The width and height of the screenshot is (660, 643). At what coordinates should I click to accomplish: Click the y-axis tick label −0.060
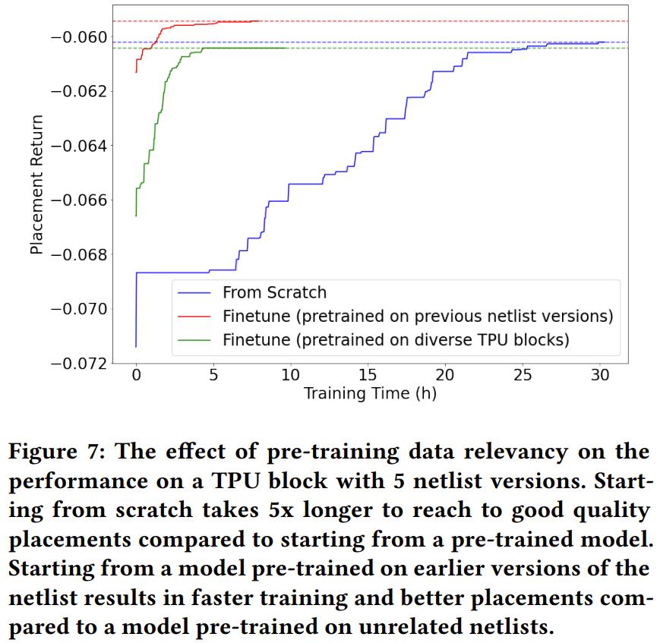pos(79,37)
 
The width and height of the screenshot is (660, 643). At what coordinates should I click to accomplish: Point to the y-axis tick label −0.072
pos(79,363)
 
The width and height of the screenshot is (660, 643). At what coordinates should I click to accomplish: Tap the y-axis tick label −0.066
pos(79,200)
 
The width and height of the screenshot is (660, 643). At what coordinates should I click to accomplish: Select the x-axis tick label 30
pos(600,377)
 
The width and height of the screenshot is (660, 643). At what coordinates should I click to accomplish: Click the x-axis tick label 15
pos(368,377)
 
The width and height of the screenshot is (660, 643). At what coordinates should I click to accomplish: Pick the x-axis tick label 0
pos(136,377)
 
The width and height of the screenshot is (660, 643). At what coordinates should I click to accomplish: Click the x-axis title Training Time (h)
pos(370,393)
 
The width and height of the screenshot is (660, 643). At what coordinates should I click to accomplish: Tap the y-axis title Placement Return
pos(36,184)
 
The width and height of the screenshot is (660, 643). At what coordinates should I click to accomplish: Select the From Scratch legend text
pos(274,292)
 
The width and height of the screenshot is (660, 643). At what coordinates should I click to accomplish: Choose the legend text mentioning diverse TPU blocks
pos(396,339)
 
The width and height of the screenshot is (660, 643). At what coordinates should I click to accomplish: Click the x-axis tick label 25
pos(523,377)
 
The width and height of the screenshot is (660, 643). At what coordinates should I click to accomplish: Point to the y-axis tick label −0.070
pos(79,308)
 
